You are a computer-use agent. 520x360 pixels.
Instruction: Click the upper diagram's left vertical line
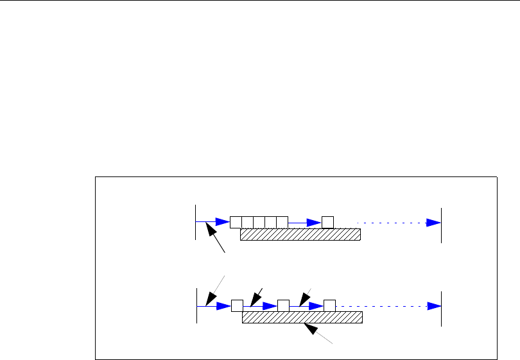pos(195,222)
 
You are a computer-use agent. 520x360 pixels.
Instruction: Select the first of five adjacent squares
pos(236,222)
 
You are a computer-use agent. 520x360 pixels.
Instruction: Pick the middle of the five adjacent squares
pos(259,222)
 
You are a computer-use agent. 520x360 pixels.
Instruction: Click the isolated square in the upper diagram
pos(328,222)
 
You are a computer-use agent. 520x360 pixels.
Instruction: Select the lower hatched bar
pos(302,318)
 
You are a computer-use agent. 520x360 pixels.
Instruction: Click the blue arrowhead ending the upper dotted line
pos(433,222)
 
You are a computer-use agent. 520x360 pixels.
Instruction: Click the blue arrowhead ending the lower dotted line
pos(433,305)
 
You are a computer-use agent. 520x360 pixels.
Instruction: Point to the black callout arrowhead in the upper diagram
pos(210,228)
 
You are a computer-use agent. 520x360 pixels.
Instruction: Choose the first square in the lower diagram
pos(236,305)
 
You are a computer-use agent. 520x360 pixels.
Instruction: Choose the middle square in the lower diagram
pos(283,305)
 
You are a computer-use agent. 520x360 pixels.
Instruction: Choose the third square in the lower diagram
pos(330,305)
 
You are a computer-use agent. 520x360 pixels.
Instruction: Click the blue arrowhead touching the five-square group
pos(222,222)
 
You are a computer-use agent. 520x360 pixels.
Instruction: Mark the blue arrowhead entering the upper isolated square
pos(314,222)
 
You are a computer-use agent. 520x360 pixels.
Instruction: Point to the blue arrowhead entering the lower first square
pos(223,305)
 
